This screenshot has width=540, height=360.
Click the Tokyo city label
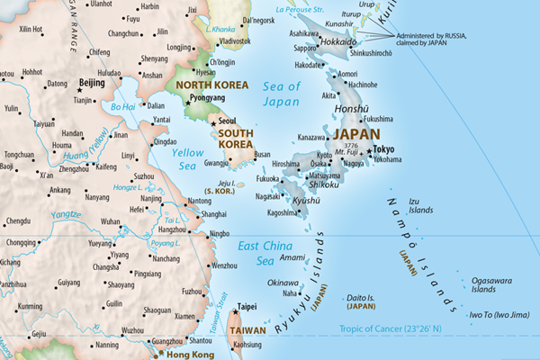pyautogui.click(x=383, y=148)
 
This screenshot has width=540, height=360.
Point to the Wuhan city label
pyautogui.click(x=110, y=220)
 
